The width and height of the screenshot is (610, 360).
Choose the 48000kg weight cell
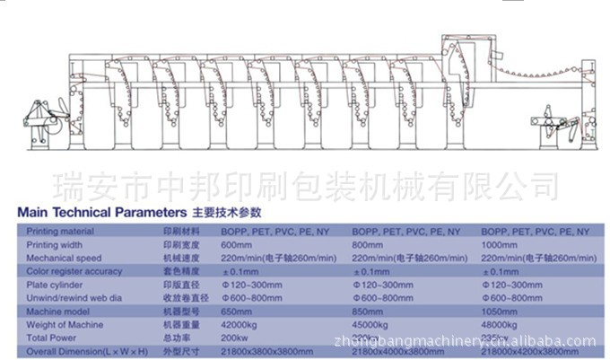tap(502, 325)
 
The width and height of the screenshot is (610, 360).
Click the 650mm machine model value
tap(235, 312)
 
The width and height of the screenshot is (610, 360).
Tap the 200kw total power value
tap(234, 338)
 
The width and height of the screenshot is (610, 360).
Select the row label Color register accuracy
tap(74, 271)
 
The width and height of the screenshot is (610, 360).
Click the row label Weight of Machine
tap(64, 325)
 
